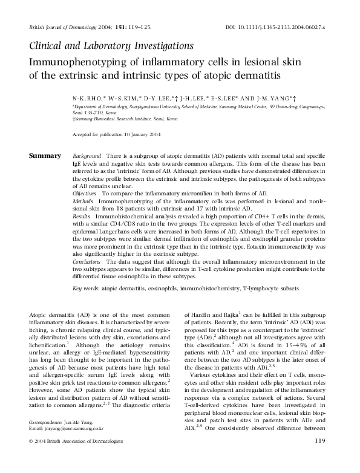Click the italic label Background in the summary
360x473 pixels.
(x=87, y=156)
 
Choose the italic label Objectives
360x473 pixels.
(x=84, y=193)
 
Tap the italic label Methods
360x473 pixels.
(x=82, y=200)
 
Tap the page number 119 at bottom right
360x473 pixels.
(x=320, y=458)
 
